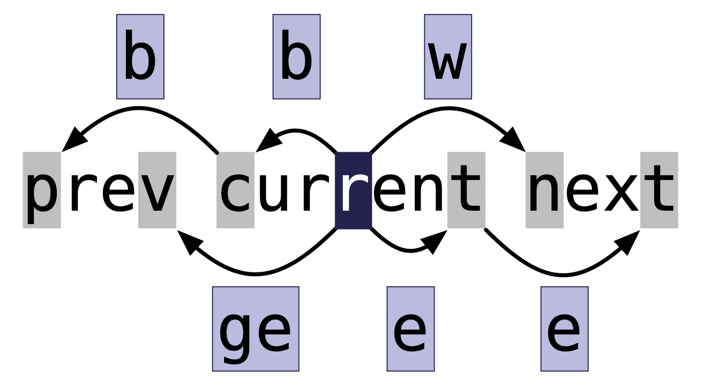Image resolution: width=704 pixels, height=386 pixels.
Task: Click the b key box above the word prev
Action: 140,56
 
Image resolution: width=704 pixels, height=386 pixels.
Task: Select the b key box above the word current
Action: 296,56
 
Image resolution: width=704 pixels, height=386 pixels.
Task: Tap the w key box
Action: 448,56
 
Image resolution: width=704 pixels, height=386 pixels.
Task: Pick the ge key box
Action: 256,329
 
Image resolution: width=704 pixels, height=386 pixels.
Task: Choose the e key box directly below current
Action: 410,329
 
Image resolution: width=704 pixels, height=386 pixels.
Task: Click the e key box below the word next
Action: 564,329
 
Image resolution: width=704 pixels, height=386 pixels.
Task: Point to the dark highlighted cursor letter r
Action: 353,190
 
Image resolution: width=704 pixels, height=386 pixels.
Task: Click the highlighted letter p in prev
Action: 42,190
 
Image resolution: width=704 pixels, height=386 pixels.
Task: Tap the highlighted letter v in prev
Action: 157,190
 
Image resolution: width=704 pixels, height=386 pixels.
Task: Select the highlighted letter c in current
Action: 236,190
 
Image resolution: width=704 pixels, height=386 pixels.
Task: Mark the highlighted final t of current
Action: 466,190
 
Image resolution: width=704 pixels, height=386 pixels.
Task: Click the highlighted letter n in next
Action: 544,190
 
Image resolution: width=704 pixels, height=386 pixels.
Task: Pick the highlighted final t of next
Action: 659,190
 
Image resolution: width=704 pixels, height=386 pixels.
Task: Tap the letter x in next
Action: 621,190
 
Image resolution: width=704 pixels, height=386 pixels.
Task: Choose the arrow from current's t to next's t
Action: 563,275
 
